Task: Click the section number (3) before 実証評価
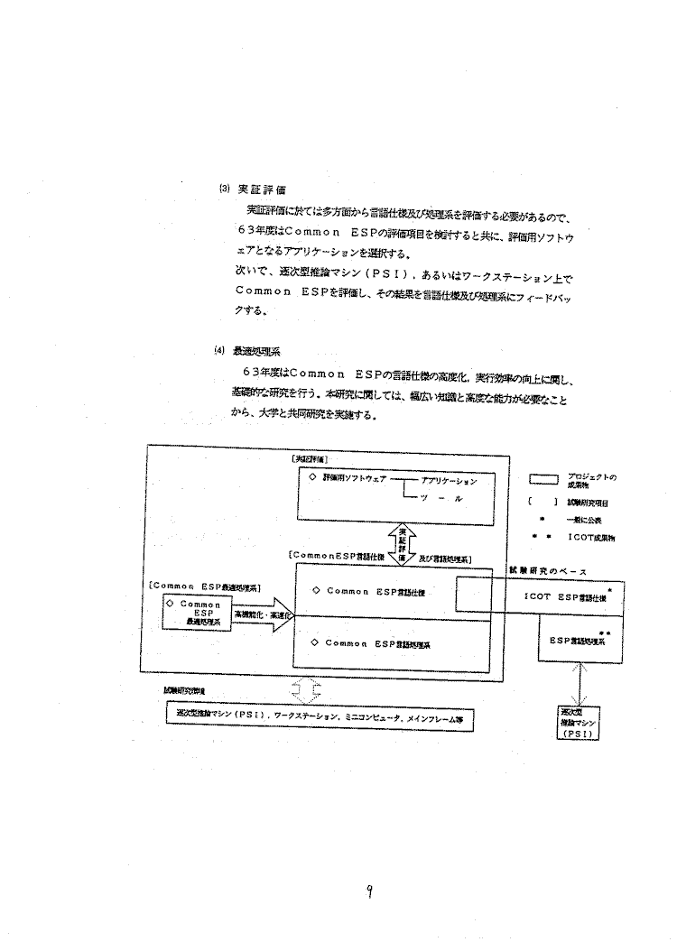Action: click(224, 189)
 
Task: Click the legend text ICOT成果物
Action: click(593, 538)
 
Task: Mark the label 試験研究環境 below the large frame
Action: click(183, 690)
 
